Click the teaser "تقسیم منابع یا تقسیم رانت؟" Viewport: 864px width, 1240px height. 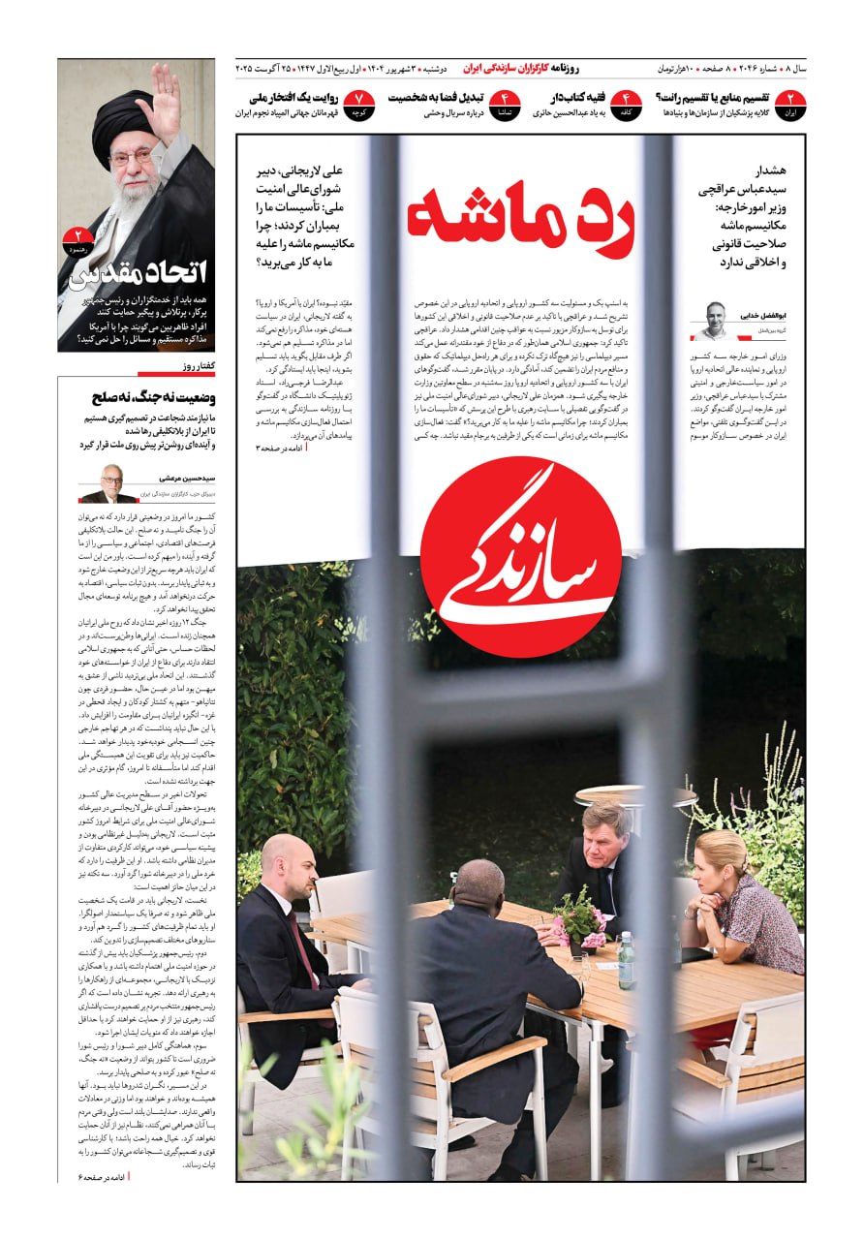(x=712, y=98)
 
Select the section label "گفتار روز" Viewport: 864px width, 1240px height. (x=198, y=367)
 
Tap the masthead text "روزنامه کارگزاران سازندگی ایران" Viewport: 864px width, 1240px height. (x=520, y=69)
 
